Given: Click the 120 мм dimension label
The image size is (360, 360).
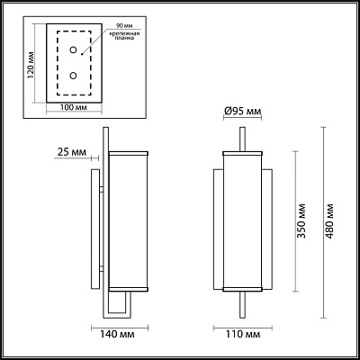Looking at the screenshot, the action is [31, 65].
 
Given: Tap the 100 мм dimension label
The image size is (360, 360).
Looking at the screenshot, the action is [74, 107].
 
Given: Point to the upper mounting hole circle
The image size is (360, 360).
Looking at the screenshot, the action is [73, 49].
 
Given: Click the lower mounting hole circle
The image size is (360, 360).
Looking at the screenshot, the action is [73, 76].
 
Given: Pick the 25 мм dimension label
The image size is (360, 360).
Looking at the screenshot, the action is [71, 152].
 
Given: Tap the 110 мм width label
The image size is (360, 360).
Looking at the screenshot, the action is [243, 334].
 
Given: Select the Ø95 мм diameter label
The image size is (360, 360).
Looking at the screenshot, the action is [243, 112].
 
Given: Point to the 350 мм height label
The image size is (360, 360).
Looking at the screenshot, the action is [301, 221].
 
